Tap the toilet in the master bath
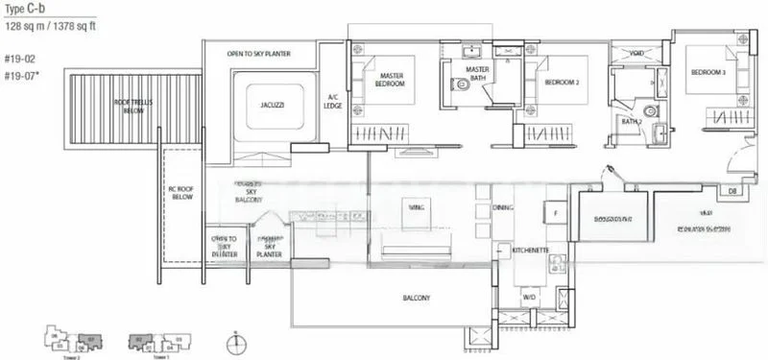(464, 84)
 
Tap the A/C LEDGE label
(333, 101)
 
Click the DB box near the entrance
(732, 192)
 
